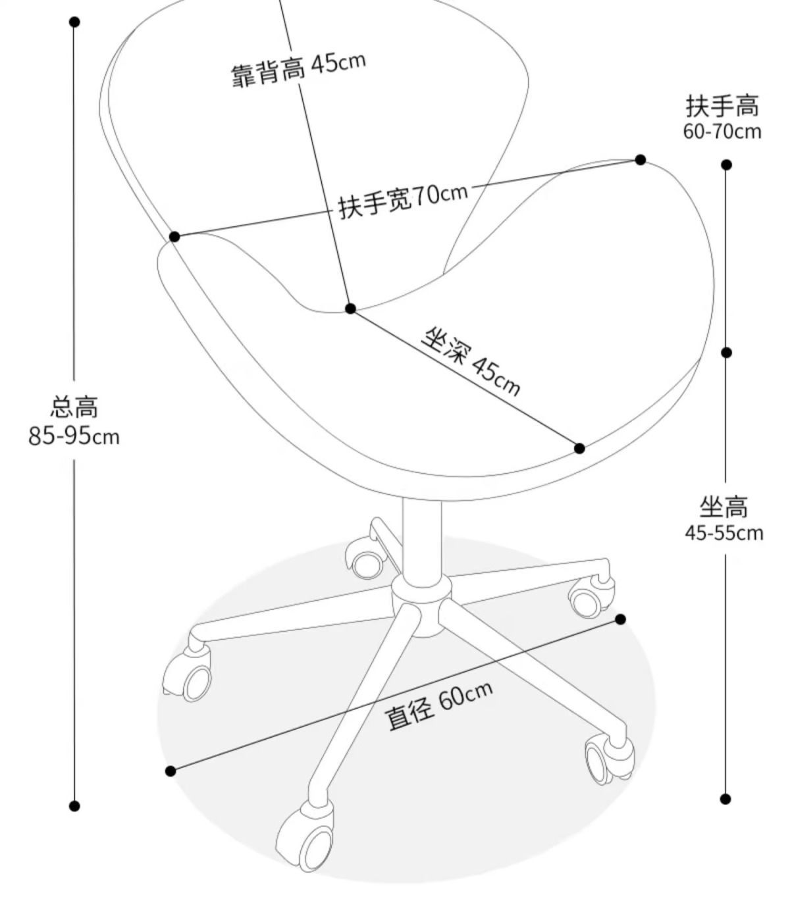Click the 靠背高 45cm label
point(298,68)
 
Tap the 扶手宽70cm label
point(403,199)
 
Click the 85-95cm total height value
point(74,436)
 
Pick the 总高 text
point(74,407)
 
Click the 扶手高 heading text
point(722,105)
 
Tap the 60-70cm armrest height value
point(722,132)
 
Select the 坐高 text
point(724,507)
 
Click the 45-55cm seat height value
point(724,532)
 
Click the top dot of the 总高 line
point(74,22)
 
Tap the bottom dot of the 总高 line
point(74,806)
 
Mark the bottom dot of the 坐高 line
point(725,799)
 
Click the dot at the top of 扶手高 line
point(726,165)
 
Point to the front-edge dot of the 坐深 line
point(579,448)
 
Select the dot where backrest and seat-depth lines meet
point(350,309)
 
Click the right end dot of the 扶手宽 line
point(640,160)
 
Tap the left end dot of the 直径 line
point(171,771)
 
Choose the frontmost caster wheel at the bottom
point(306,839)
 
